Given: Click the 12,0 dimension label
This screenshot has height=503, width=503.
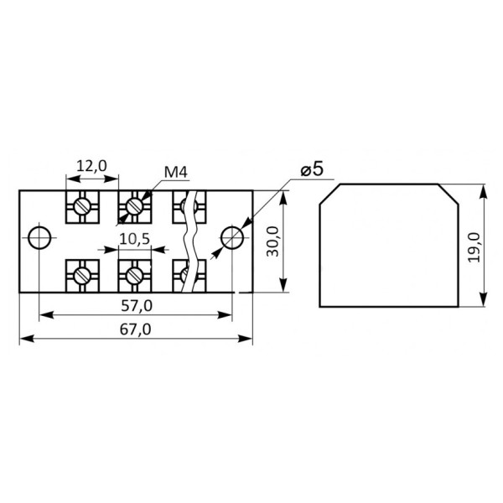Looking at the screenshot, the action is coord(91,166).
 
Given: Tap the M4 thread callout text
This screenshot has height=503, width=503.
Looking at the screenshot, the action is coord(175,173).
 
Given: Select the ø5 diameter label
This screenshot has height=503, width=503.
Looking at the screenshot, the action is coord(312,169).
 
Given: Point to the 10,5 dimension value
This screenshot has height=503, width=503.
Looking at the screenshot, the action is coord(134,239).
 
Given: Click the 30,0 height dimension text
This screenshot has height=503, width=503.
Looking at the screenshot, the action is coord(273,241).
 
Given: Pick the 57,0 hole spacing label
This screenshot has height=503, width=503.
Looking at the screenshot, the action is coord(137,306).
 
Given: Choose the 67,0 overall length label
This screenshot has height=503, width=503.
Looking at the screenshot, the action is coord(135,329).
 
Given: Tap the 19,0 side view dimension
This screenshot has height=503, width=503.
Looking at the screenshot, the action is coord(474,248).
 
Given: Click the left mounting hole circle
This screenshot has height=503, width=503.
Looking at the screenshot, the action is coord(39,238).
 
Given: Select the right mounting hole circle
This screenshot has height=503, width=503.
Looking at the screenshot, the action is coord(232,238).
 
